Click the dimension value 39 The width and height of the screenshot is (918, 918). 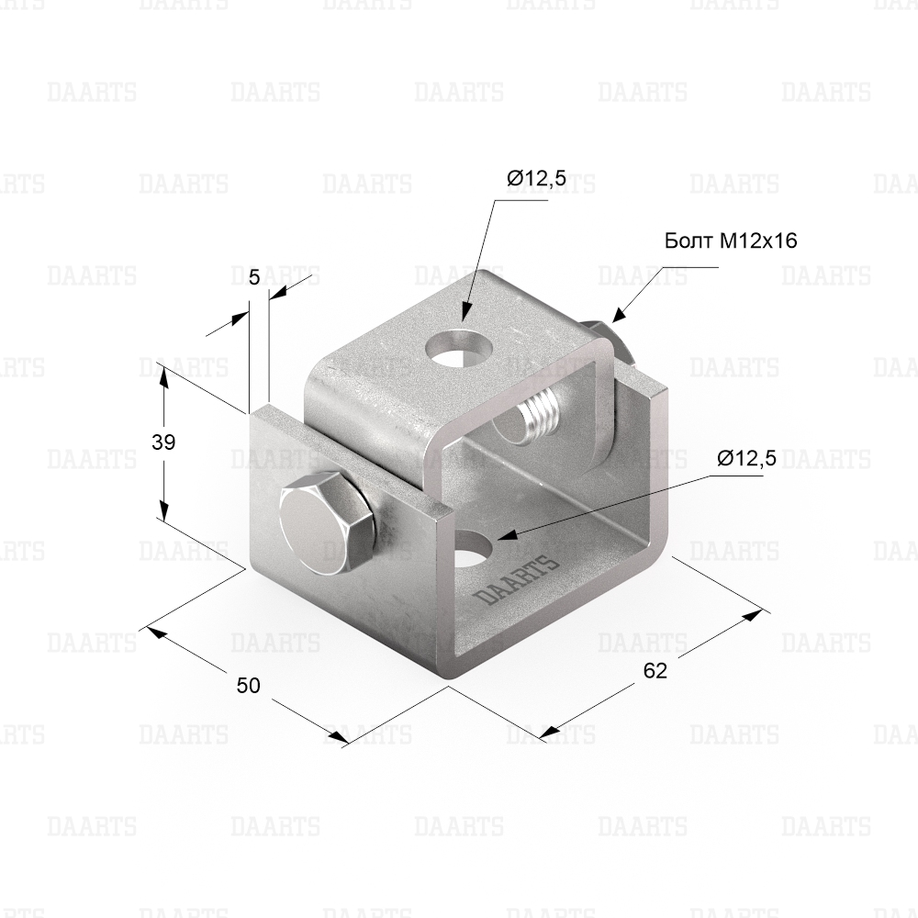point(163,442)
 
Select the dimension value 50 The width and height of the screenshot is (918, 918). point(248,685)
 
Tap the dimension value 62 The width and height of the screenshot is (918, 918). point(655,671)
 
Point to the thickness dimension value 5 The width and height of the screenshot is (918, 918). point(254,277)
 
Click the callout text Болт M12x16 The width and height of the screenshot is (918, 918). point(731,241)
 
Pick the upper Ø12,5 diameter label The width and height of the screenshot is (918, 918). point(537,178)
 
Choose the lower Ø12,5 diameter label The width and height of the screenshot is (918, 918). point(747,458)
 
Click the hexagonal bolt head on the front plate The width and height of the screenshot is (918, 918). point(325,521)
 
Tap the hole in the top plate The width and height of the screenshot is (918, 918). point(459,348)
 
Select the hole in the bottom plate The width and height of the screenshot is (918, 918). point(475,549)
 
